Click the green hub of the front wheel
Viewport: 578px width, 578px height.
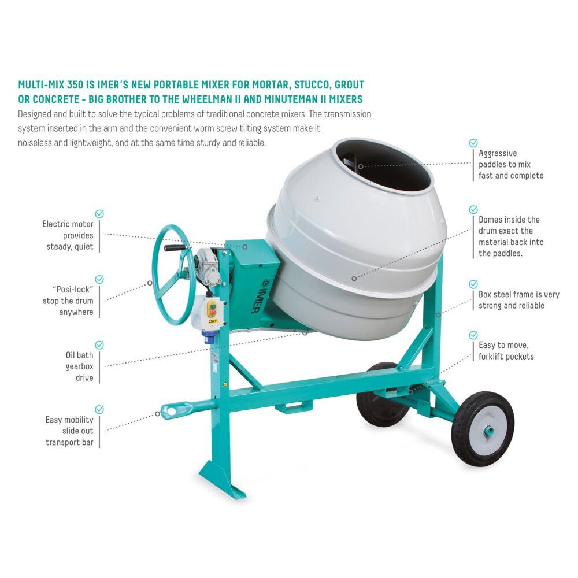(488, 431)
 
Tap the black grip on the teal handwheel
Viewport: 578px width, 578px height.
(176, 249)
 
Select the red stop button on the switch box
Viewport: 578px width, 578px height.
(212, 307)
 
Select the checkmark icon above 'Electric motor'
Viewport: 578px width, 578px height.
(99, 214)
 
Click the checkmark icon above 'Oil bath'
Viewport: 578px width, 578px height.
(99, 345)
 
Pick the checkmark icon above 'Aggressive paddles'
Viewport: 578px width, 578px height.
(473, 143)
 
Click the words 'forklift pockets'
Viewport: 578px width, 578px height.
(506, 357)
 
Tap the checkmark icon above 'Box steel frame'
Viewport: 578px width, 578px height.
(473, 284)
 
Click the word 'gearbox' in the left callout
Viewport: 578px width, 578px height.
(79, 366)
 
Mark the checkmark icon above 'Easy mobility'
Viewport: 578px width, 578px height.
(99, 409)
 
